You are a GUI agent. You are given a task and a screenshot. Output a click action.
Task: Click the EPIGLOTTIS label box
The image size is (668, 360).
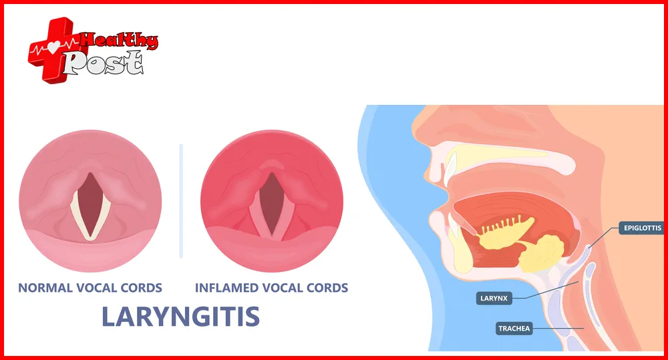coord(641,228)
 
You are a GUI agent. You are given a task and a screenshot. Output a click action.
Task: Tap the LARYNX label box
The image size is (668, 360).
coord(494,298)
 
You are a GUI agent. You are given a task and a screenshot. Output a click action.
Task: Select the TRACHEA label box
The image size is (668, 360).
coord(514,328)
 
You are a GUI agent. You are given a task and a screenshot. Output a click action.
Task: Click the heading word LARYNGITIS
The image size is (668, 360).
coord(180,316)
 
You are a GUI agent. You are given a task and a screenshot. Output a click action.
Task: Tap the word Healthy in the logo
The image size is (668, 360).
coord(120,41)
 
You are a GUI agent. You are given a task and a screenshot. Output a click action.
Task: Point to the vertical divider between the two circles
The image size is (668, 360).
coord(181,200)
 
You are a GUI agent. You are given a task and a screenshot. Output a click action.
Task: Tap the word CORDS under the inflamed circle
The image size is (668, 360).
coord(324,289)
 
